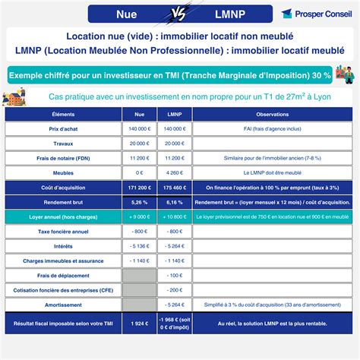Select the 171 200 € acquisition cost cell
[138, 187]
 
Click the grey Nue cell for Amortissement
[138, 304]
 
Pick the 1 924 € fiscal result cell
[138, 324]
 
